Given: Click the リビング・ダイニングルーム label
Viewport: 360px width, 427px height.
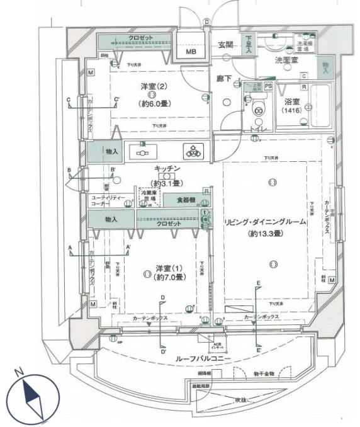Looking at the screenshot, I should (x=265, y=222).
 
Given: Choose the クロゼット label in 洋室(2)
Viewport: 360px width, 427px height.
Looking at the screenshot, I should (x=140, y=38).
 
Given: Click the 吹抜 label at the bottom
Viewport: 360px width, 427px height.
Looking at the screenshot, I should (x=241, y=399).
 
